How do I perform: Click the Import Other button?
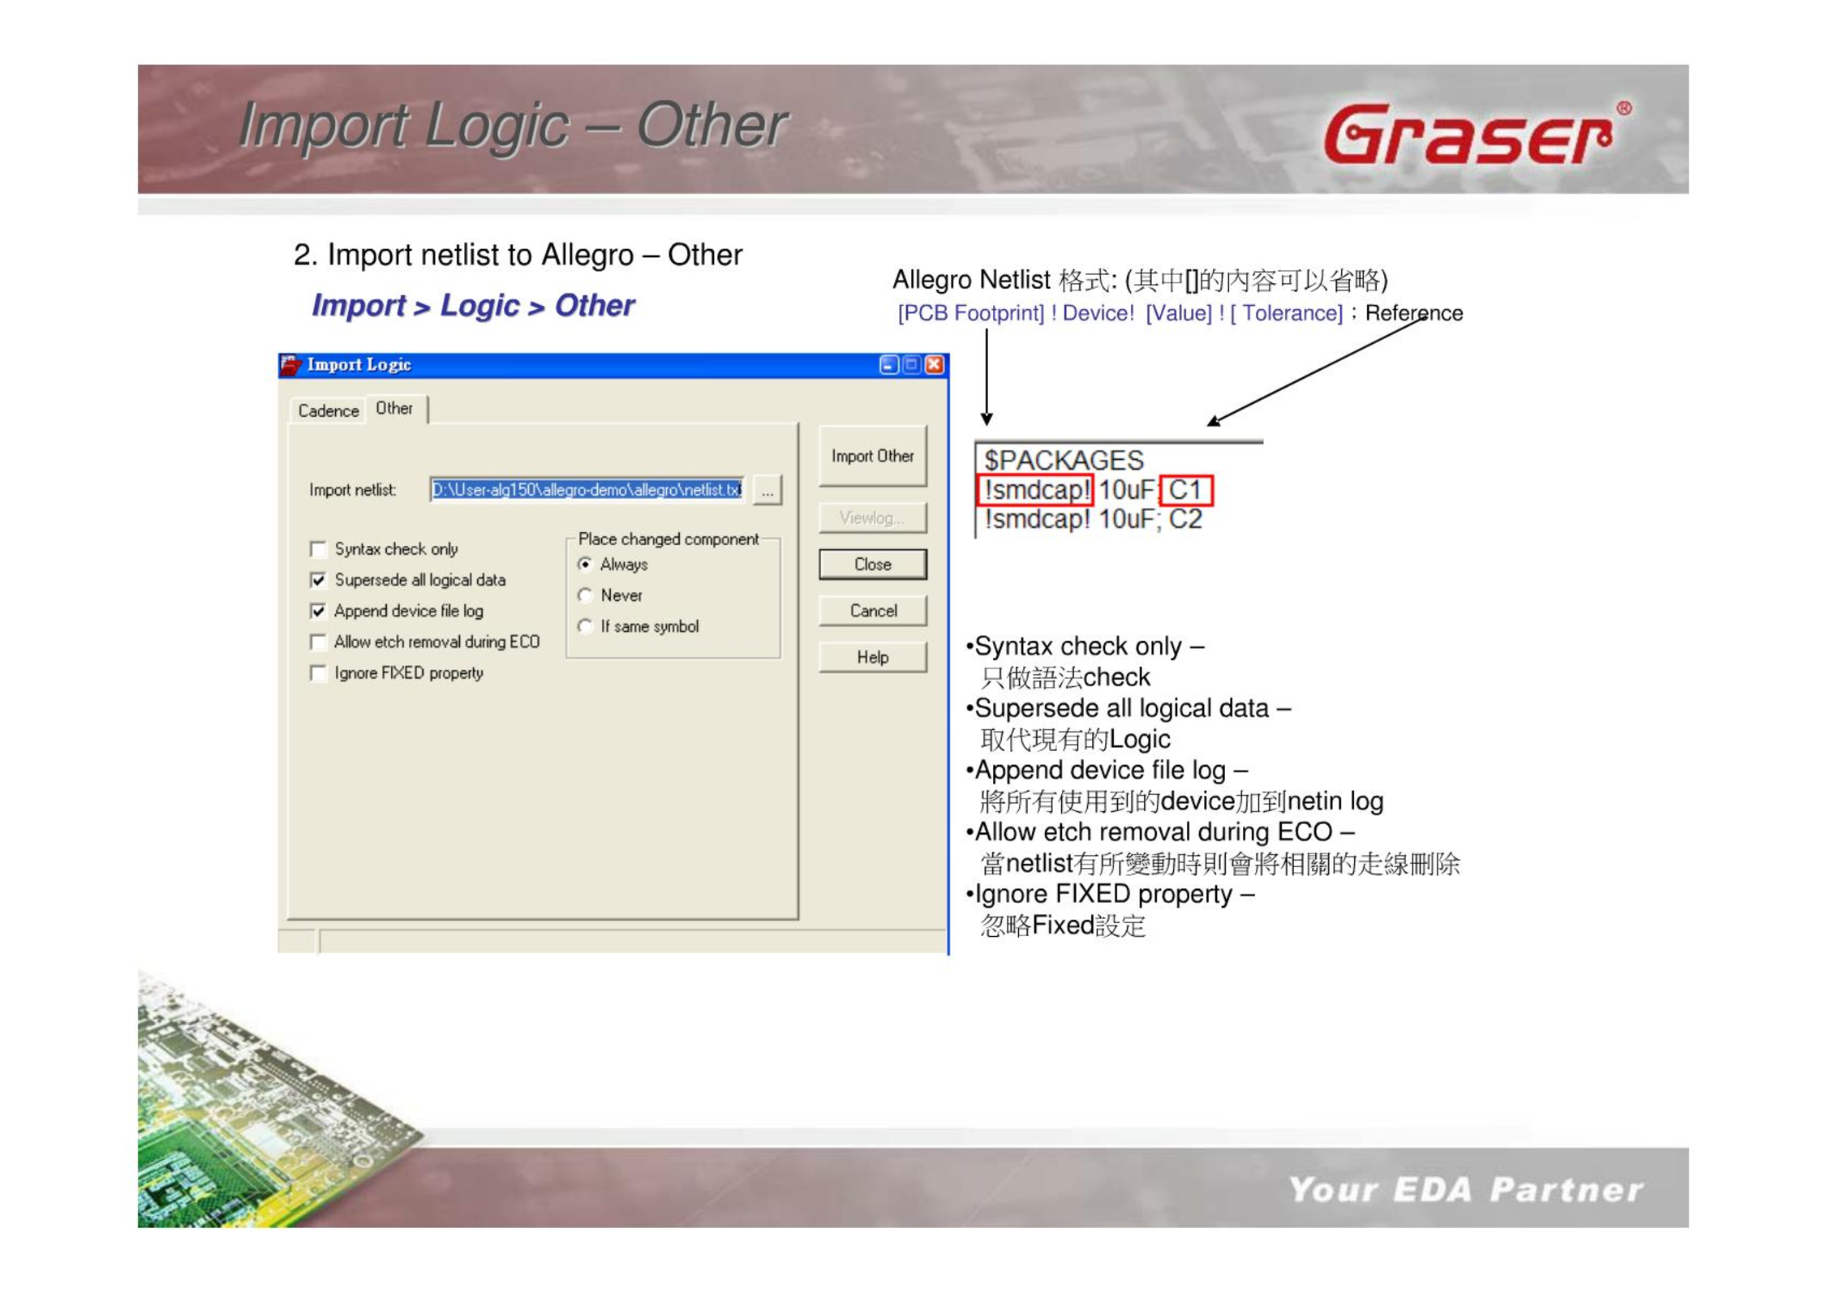point(872,456)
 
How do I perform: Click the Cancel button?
point(873,611)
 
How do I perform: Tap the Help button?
point(873,657)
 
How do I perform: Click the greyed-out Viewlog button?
point(872,518)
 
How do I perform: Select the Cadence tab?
point(328,410)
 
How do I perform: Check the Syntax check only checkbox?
point(318,550)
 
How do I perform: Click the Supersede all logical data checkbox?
point(318,581)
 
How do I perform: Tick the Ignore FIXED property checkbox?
point(318,673)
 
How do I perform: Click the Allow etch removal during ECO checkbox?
point(318,642)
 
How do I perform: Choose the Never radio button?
point(585,595)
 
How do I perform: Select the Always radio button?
point(585,565)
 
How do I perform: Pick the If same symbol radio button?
point(585,627)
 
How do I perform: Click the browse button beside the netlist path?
point(767,490)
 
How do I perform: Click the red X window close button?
point(935,365)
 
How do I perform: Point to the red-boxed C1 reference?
point(1186,490)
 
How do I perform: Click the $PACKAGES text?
point(1064,461)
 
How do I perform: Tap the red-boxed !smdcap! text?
point(1036,490)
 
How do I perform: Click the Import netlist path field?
point(587,490)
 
